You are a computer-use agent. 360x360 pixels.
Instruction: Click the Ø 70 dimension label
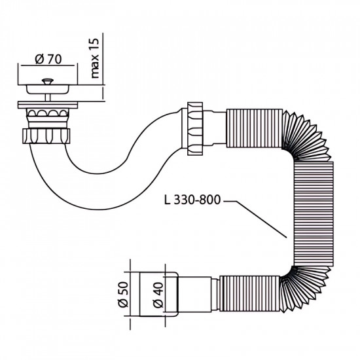click(48, 59)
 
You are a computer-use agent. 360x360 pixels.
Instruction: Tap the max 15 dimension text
click(94, 58)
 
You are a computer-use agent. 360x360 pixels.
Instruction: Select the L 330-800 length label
click(192, 200)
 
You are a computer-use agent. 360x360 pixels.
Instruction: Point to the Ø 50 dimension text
click(123, 295)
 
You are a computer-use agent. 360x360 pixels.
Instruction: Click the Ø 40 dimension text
click(158, 295)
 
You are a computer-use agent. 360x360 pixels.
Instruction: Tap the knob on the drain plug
click(48, 81)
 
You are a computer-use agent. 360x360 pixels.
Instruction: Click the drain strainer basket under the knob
click(48, 89)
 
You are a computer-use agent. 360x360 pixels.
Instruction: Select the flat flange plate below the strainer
click(48, 105)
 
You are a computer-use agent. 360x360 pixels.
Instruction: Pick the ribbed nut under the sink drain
click(46, 136)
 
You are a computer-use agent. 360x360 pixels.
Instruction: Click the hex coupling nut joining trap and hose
click(195, 128)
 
